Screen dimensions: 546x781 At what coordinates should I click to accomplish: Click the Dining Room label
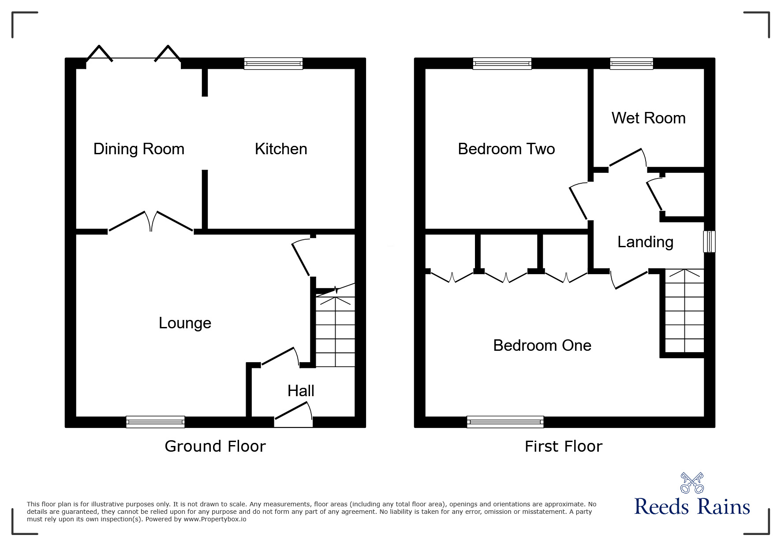pos(138,149)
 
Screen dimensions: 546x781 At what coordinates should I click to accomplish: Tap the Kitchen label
pos(281,149)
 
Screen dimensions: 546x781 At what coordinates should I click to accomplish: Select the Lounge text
pos(185,323)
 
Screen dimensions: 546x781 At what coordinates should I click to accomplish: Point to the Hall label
pos(301,391)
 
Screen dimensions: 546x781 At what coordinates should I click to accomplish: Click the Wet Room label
pos(648,118)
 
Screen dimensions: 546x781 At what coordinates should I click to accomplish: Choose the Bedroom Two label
pos(506,149)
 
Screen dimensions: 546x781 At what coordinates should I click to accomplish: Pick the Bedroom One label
pos(542,345)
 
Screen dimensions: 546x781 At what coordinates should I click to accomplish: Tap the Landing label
pos(645,242)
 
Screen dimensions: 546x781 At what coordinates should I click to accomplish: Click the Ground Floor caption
pos(215,446)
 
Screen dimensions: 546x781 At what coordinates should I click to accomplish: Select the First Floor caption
pos(563,446)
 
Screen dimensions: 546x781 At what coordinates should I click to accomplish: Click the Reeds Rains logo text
pos(692,507)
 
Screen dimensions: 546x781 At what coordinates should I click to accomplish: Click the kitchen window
pos(273,63)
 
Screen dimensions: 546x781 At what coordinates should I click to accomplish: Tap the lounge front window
pos(155,422)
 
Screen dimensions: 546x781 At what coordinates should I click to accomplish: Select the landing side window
pos(709,241)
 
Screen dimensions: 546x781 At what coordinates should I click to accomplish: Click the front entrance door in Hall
pos(293,416)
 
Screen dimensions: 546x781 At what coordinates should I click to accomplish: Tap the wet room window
pos(631,63)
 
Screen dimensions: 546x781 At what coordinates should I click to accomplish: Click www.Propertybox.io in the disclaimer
pos(215,519)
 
